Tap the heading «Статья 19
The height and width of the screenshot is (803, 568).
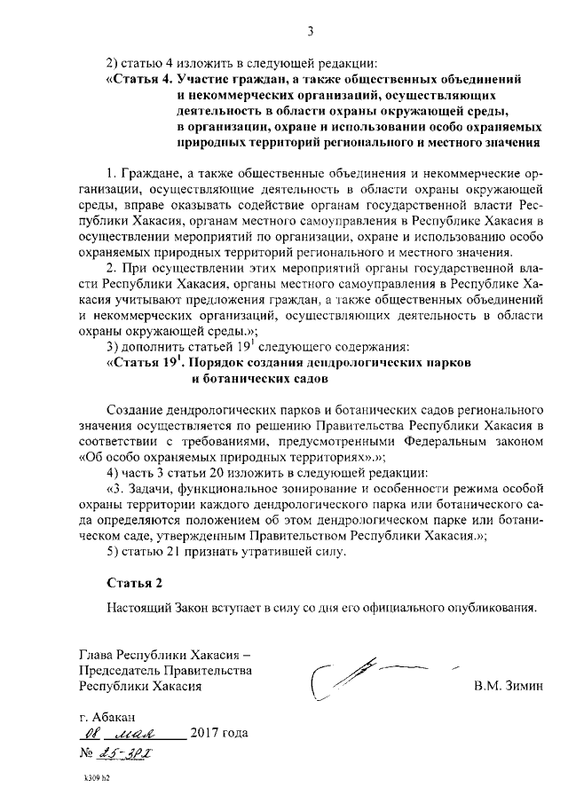pos(141,362)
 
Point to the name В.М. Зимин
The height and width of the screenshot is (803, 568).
pos(507,687)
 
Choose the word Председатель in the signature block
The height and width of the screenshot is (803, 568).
pos(121,671)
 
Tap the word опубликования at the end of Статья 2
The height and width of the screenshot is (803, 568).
pos(492,610)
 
